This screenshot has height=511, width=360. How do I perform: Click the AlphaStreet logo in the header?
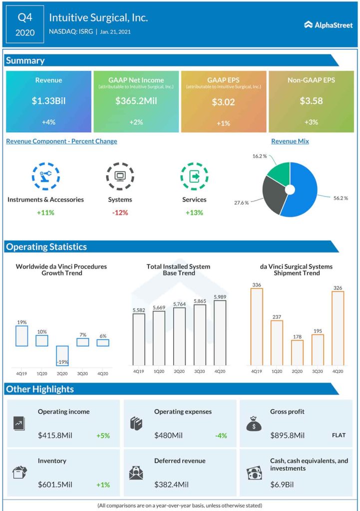(328, 25)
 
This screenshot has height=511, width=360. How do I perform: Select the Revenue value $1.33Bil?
(48, 101)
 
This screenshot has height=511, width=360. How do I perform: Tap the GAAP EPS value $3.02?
(224, 102)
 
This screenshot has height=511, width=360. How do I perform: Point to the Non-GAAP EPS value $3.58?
(311, 101)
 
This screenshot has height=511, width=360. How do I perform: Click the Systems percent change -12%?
(120, 213)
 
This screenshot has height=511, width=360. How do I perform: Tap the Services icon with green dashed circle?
(194, 176)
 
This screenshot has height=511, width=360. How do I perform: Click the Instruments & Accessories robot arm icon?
(45, 176)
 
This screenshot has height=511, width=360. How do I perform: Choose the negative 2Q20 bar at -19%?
(62, 356)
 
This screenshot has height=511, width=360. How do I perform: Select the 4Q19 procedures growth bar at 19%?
(22, 336)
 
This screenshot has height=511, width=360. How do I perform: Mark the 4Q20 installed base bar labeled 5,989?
(220, 332)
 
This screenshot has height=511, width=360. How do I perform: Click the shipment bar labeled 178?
(297, 352)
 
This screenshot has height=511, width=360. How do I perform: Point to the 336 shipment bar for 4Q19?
(257, 327)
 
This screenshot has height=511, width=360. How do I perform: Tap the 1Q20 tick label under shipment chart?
(277, 371)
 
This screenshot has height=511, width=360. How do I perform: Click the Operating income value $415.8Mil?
(55, 436)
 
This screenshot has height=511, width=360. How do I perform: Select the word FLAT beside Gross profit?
(339, 435)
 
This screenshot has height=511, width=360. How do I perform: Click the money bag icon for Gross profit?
(254, 424)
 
